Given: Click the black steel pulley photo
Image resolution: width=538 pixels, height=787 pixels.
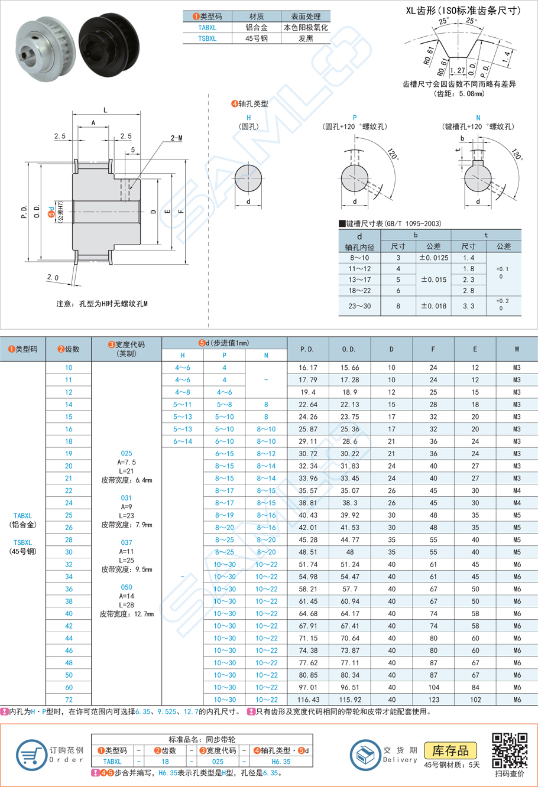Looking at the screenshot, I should click(x=108, y=45).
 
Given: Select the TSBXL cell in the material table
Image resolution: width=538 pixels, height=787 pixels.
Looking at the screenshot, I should click(x=207, y=38).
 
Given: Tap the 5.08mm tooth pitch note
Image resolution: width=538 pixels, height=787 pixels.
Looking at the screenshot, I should click(x=459, y=93).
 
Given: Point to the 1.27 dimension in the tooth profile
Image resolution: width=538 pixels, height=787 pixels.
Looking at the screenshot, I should click(x=457, y=70).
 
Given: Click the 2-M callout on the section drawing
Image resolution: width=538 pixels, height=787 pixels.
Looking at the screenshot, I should click(x=176, y=138).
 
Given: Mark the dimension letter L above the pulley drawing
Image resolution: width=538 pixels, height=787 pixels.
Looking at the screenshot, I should click(x=106, y=110).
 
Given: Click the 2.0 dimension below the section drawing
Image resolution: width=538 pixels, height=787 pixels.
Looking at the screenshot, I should click(x=53, y=277).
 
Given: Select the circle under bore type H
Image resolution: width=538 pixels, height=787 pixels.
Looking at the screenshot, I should click(x=248, y=178).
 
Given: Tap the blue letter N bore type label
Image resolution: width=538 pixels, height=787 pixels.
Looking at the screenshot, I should click(x=478, y=118).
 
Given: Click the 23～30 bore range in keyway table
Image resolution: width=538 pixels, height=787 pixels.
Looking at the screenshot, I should click(x=359, y=306).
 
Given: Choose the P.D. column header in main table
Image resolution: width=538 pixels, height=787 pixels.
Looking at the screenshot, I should click(x=307, y=349).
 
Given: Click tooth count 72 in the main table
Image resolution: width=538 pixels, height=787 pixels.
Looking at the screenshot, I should click(x=69, y=700).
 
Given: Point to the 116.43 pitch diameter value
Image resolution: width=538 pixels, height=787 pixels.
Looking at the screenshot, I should click(x=307, y=700).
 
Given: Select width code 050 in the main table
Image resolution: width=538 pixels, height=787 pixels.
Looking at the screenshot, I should click(x=127, y=587).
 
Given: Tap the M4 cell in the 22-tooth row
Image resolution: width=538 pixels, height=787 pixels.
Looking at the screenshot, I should click(x=517, y=491).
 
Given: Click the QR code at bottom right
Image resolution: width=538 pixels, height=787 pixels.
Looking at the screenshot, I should click(x=509, y=750).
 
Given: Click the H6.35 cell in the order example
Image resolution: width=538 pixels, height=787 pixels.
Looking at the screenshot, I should click(x=281, y=762).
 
